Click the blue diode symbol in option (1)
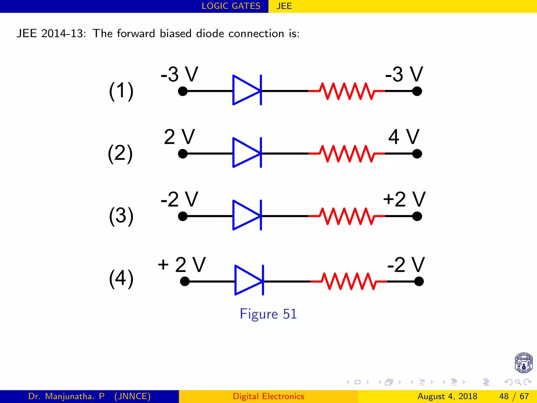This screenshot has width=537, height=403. (246, 90)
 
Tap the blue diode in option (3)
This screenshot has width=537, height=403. (246, 215)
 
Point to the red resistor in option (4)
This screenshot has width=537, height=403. (349, 281)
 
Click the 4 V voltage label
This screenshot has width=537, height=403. (404, 137)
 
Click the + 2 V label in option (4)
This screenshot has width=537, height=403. (181, 265)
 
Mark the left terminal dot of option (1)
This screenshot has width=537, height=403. (183, 91)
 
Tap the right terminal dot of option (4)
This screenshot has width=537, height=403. (419, 282)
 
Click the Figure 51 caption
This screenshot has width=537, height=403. (268, 314)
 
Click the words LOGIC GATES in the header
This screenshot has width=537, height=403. (231, 6)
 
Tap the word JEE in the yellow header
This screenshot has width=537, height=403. (284, 6)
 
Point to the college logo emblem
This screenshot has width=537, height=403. (523, 363)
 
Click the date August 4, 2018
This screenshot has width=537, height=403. (447, 396)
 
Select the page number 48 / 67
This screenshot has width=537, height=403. (514, 396)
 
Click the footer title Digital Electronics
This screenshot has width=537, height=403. (268, 396)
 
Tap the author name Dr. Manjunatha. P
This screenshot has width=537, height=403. (66, 396)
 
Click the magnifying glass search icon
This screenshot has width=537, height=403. (518, 382)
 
